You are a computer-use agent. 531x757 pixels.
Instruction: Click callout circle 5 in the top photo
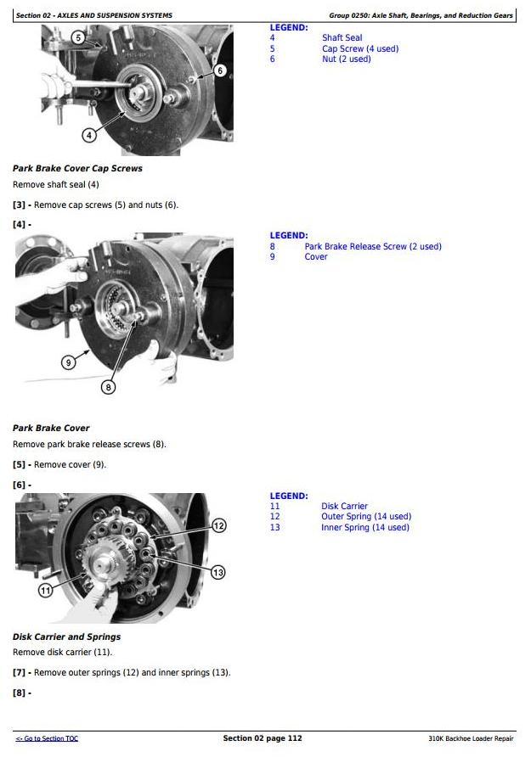point(79,37)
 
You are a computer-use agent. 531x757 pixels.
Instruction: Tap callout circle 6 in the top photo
point(220,70)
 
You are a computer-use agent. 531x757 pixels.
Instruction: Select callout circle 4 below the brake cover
point(89,135)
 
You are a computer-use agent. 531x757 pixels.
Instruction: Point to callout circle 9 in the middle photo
point(69,362)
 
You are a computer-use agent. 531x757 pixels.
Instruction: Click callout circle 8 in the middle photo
point(108,387)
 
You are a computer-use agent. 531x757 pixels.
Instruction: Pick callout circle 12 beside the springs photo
point(219,526)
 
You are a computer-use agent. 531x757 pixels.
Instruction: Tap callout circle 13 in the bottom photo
point(217,573)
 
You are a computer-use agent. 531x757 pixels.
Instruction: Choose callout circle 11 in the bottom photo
point(45,590)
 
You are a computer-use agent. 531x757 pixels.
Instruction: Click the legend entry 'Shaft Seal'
point(342,37)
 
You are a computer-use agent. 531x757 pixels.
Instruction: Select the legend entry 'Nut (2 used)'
point(347,59)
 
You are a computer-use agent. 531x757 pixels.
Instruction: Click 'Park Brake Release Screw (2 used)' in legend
point(373,246)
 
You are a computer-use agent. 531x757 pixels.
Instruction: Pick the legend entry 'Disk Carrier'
point(344,506)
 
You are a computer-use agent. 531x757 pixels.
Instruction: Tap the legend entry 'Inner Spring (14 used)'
point(365,527)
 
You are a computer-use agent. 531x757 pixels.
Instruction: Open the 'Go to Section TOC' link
point(47,738)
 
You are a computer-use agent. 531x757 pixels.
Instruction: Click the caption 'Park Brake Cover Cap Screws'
point(77,169)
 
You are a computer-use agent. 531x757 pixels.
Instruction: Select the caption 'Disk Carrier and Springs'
point(66,636)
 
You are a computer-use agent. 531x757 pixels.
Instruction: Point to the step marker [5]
point(19,465)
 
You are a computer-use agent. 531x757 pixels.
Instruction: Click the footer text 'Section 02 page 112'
point(263,738)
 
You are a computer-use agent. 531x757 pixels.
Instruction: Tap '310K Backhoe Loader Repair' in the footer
point(471,738)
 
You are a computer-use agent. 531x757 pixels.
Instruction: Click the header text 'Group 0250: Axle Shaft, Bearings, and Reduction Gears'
point(421,15)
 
